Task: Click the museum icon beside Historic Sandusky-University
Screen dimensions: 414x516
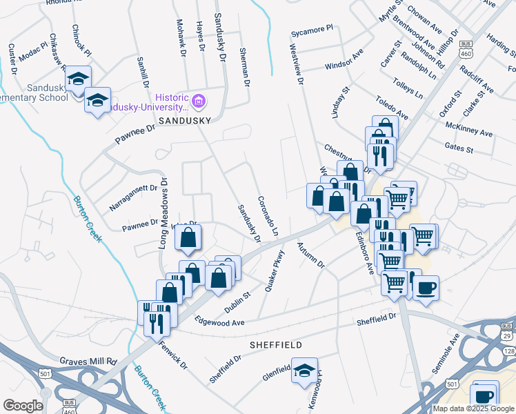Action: (x=199, y=103)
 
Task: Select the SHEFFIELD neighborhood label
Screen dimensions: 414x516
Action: (x=276, y=344)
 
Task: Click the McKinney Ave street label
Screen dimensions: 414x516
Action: (x=469, y=128)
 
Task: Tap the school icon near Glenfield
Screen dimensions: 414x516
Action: (x=304, y=371)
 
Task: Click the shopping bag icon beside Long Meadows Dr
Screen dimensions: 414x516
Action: (x=188, y=239)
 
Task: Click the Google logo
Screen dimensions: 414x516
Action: (x=23, y=405)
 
